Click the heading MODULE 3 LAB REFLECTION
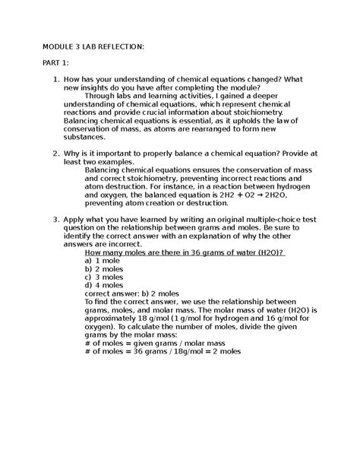point(92,46)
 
